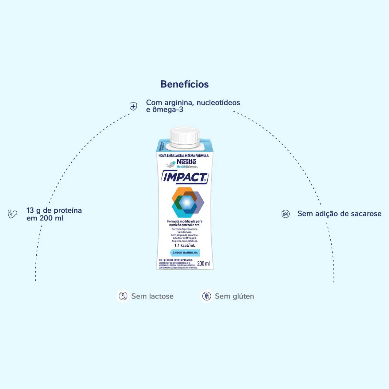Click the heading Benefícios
click(x=184, y=84)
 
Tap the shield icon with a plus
click(x=133, y=106)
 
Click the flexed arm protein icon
click(x=12, y=214)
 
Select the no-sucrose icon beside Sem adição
click(x=286, y=214)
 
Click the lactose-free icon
click(x=123, y=296)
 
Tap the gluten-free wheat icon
click(x=206, y=296)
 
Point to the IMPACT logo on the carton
click(x=185, y=177)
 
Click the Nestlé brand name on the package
click(x=186, y=161)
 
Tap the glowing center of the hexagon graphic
click(x=186, y=203)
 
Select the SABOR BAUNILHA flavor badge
click(x=185, y=253)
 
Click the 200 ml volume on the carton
click(x=203, y=263)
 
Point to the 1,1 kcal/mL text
click(x=185, y=245)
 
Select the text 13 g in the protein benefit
click(x=34, y=210)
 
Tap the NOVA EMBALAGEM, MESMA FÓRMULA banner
click(x=183, y=156)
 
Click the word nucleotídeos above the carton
click(x=218, y=102)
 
